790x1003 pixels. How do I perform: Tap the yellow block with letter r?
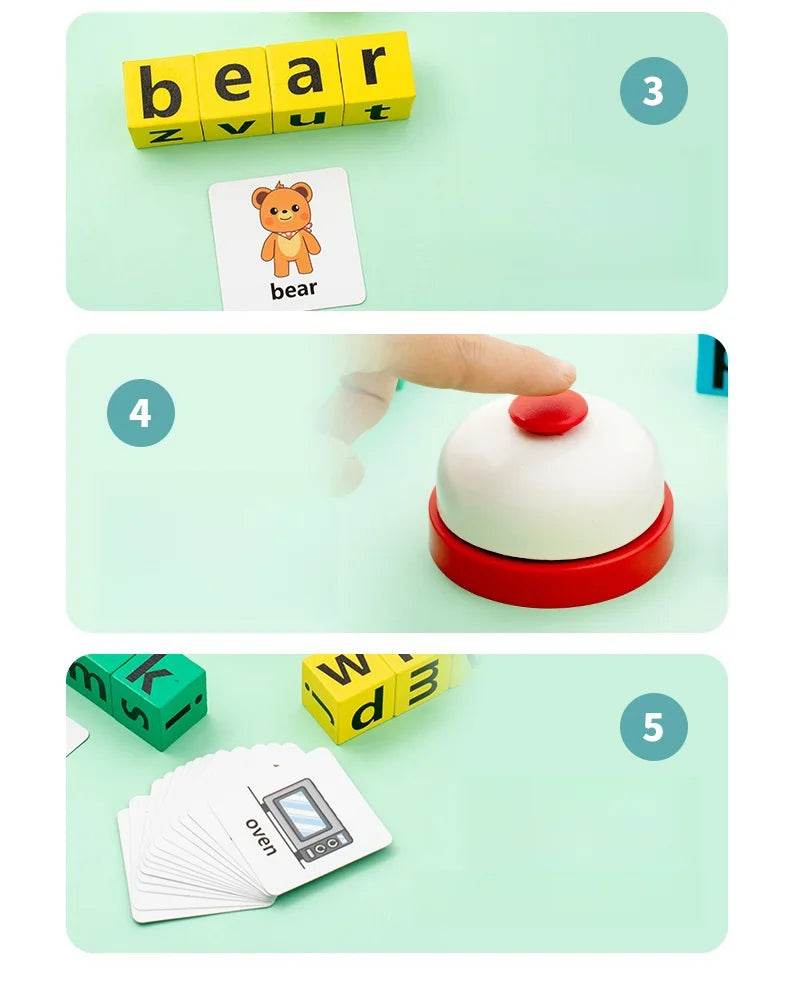click(x=374, y=71)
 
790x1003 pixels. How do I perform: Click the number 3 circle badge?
click(x=653, y=91)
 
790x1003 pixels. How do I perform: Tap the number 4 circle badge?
click(x=141, y=412)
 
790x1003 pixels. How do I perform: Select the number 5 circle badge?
click(x=653, y=726)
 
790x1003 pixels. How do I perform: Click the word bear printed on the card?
click(x=293, y=290)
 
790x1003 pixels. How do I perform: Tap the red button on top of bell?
click(x=547, y=412)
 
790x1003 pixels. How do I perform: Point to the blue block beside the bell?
click(x=713, y=364)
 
